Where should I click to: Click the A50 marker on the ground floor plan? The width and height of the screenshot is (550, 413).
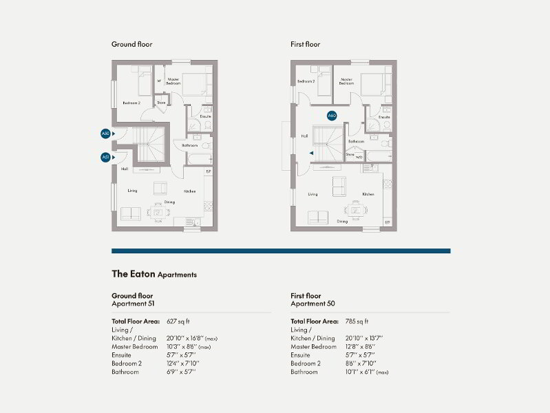[x=105, y=133]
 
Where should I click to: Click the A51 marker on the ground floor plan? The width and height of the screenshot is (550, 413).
[x=105, y=157]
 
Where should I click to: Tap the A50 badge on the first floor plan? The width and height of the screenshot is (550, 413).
[x=332, y=116]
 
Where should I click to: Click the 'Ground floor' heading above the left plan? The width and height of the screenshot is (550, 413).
[x=132, y=44]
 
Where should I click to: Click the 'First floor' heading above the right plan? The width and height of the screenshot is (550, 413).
[x=306, y=44]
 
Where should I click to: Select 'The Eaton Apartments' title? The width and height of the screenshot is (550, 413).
[x=154, y=274]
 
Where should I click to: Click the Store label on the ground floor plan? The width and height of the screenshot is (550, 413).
[x=161, y=103]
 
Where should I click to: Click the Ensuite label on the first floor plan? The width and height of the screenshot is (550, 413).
[x=384, y=117]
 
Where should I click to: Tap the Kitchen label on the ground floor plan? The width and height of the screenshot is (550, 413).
[x=190, y=191]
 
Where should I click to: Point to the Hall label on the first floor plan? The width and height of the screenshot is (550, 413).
[x=304, y=136]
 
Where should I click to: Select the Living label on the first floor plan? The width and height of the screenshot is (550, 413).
[x=313, y=195]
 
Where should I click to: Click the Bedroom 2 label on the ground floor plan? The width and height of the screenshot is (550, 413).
[x=131, y=103]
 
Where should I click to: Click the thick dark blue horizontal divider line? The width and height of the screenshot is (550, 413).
[x=281, y=251]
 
